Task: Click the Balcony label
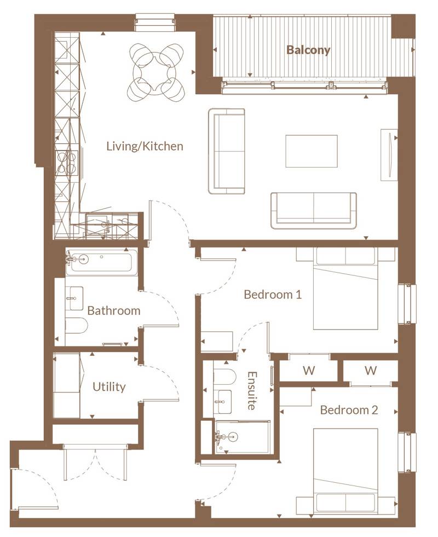coord(309,50)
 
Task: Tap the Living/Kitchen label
coord(145,147)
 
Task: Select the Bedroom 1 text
coord(273,295)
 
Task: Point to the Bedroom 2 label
coord(349,410)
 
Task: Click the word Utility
coord(109,387)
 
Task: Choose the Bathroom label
coord(114,311)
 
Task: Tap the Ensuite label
coord(251,391)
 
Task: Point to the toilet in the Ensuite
coord(223,377)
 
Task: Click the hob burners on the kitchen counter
coord(67,162)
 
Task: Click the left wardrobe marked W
coord(309,371)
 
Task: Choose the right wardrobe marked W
coord(371,371)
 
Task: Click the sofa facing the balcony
coord(313,210)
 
